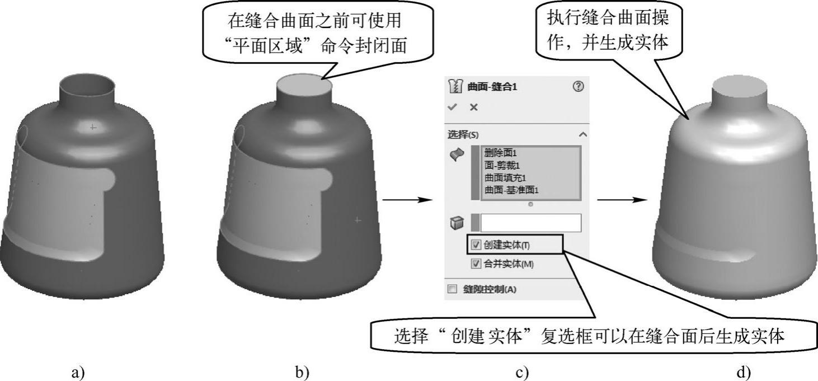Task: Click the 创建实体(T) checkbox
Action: pyautogui.click(x=476, y=244)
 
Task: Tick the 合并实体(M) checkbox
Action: pyautogui.click(x=476, y=264)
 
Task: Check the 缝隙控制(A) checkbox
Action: pyautogui.click(x=453, y=289)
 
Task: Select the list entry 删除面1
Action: pyautogui.click(x=499, y=152)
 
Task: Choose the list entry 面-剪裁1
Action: pyautogui.click(x=502, y=165)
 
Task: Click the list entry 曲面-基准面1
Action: pyautogui.click(x=511, y=190)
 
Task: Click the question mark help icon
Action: pyautogui.click(x=579, y=86)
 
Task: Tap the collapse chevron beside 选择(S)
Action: pyautogui.click(x=582, y=134)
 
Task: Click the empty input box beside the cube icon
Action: pyautogui.click(x=530, y=223)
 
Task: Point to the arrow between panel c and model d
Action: pyautogui.click(x=619, y=200)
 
